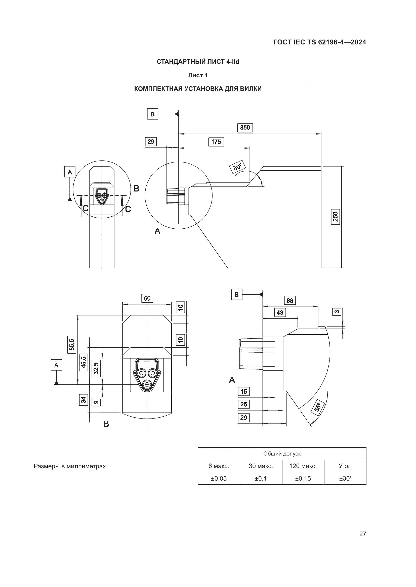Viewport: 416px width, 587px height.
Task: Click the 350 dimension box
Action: click(x=245, y=127)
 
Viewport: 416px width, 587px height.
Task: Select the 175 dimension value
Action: click(x=216, y=142)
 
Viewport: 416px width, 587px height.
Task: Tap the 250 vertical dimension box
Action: click(x=335, y=217)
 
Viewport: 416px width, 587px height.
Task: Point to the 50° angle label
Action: click(x=237, y=167)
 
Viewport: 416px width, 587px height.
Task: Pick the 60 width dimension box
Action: click(x=147, y=298)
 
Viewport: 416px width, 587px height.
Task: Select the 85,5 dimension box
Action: click(x=71, y=344)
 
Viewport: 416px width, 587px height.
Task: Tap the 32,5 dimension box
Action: click(x=96, y=368)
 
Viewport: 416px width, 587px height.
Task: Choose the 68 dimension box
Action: click(x=290, y=301)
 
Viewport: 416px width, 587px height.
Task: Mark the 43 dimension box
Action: click(x=280, y=312)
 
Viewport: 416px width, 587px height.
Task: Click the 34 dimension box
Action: click(x=84, y=400)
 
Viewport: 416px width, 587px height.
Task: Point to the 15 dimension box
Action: click(x=244, y=392)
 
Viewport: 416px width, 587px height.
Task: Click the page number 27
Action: click(x=362, y=534)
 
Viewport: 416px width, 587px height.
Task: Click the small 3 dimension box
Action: click(x=337, y=312)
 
